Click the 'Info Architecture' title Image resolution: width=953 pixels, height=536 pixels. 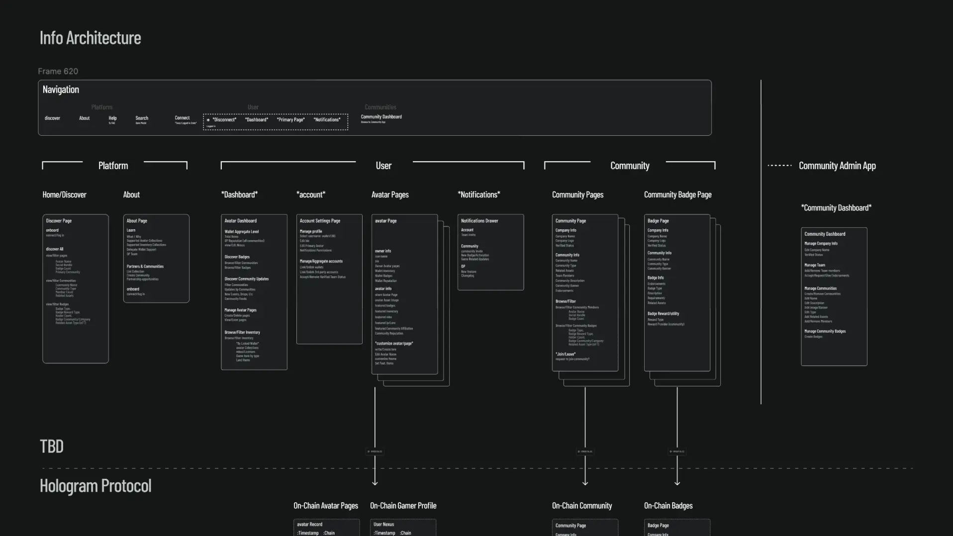pos(90,38)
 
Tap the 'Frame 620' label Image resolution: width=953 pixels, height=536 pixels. pos(58,71)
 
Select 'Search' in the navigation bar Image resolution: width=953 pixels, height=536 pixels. pos(142,118)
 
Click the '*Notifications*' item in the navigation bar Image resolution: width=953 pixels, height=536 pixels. pos(327,120)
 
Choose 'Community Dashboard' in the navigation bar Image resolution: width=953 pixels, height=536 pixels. pos(381,117)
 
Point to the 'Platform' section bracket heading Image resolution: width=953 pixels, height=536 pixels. pos(113,166)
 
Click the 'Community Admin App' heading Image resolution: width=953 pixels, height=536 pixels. pos(837,166)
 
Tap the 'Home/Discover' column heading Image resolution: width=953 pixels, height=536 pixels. pos(64,195)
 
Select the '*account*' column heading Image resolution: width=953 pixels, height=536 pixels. pos(311,195)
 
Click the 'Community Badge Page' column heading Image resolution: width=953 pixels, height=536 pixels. pos(677,195)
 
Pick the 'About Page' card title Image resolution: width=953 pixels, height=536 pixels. pos(137,221)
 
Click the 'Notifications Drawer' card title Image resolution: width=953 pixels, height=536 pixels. pos(479,221)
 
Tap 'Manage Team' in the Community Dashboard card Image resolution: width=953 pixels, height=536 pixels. pos(815,265)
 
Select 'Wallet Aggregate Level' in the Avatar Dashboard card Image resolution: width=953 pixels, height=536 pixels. pos(242,232)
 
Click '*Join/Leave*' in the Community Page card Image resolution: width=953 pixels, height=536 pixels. pos(566,354)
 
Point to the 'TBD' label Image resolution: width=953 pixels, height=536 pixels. pos(52,447)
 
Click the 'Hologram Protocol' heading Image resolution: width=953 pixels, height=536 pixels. pos(95,486)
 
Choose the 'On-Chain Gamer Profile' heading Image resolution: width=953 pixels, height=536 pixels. pos(403,506)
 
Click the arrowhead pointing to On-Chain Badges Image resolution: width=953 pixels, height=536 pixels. pos(677,482)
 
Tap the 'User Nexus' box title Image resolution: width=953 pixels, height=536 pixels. pos(383,524)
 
